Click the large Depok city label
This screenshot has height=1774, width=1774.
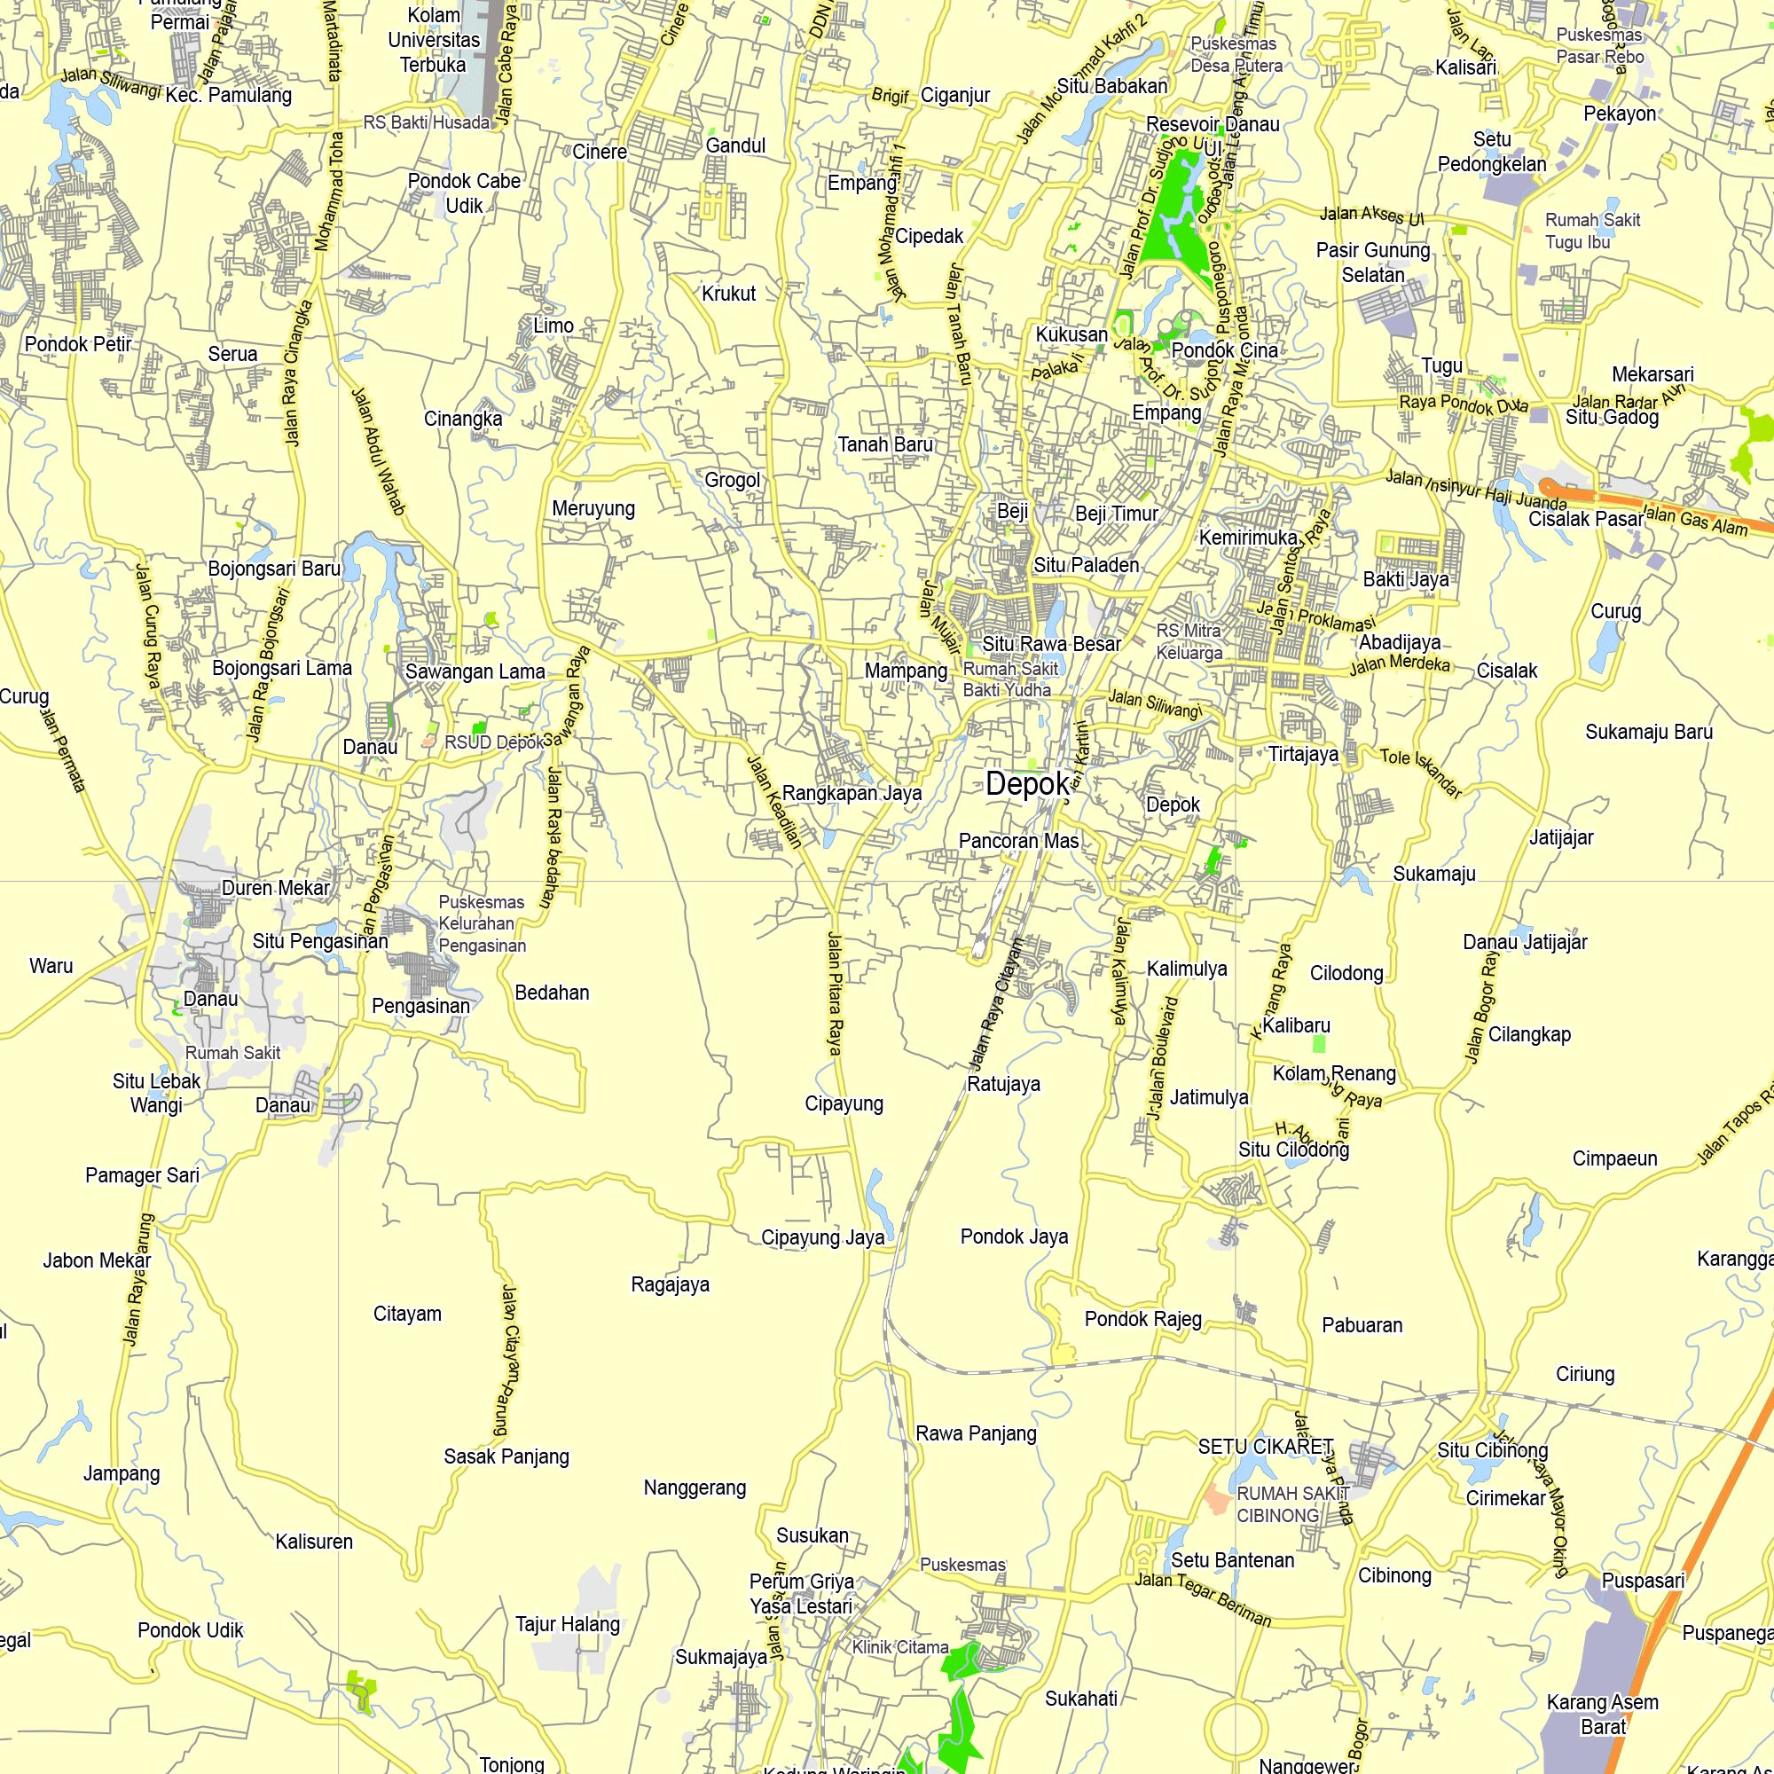tap(1027, 783)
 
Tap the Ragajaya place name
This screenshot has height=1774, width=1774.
tap(671, 1284)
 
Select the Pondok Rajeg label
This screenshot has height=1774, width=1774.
tap(1143, 1320)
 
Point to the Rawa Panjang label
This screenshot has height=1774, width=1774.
tap(976, 1433)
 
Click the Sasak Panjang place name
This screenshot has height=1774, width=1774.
tap(506, 1456)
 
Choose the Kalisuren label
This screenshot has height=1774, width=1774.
tap(314, 1542)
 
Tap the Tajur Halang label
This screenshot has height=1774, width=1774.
tap(568, 1624)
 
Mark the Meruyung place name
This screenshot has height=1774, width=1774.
tap(593, 508)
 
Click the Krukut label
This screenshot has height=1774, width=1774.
tap(728, 294)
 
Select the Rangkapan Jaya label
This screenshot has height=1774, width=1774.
tap(852, 793)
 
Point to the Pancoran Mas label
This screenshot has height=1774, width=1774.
tap(1018, 841)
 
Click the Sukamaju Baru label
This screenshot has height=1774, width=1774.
tap(1649, 732)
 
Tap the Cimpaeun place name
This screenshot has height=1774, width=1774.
tap(1615, 1158)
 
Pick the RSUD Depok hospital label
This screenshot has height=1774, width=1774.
tap(494, 742)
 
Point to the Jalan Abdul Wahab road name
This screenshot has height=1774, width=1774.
tap(379, 451)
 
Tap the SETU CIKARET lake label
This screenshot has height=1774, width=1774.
tap(1266, 1447)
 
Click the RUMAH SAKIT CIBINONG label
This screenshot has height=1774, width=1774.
tap(1290, 1504)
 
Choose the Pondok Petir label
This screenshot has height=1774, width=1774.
tap(78, 344)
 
